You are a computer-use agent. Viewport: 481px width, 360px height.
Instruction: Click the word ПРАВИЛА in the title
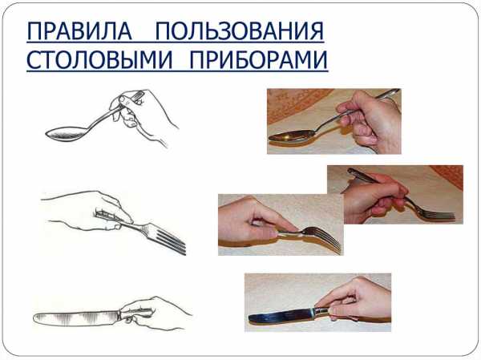79,31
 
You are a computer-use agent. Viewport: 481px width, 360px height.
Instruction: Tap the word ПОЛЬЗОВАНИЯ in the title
239,31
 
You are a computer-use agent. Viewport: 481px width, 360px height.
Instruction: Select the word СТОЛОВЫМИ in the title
100,59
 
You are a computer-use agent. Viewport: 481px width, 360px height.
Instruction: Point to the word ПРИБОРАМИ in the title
259,59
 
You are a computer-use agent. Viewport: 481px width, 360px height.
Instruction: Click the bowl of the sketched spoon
65,134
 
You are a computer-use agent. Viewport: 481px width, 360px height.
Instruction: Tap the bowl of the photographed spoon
292,136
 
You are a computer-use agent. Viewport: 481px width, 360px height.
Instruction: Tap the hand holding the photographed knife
356,300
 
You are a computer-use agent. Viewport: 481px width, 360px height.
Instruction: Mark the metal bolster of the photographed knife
321,312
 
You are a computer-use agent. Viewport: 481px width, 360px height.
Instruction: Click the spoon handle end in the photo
393,91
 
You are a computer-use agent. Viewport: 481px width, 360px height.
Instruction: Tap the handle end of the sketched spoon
139,95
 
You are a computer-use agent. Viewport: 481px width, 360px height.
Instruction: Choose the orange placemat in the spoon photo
294,104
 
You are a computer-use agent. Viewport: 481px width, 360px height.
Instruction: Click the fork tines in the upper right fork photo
442,214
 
